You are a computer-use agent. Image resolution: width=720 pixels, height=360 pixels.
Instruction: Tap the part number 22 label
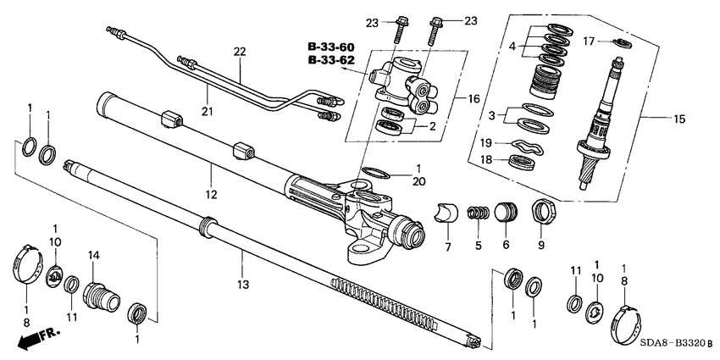[x=239, y=53]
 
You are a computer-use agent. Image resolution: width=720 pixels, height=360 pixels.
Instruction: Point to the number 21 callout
[x=206, y=111]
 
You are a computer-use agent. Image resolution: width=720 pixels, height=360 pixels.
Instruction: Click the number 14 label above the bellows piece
[x=94, y=255]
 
